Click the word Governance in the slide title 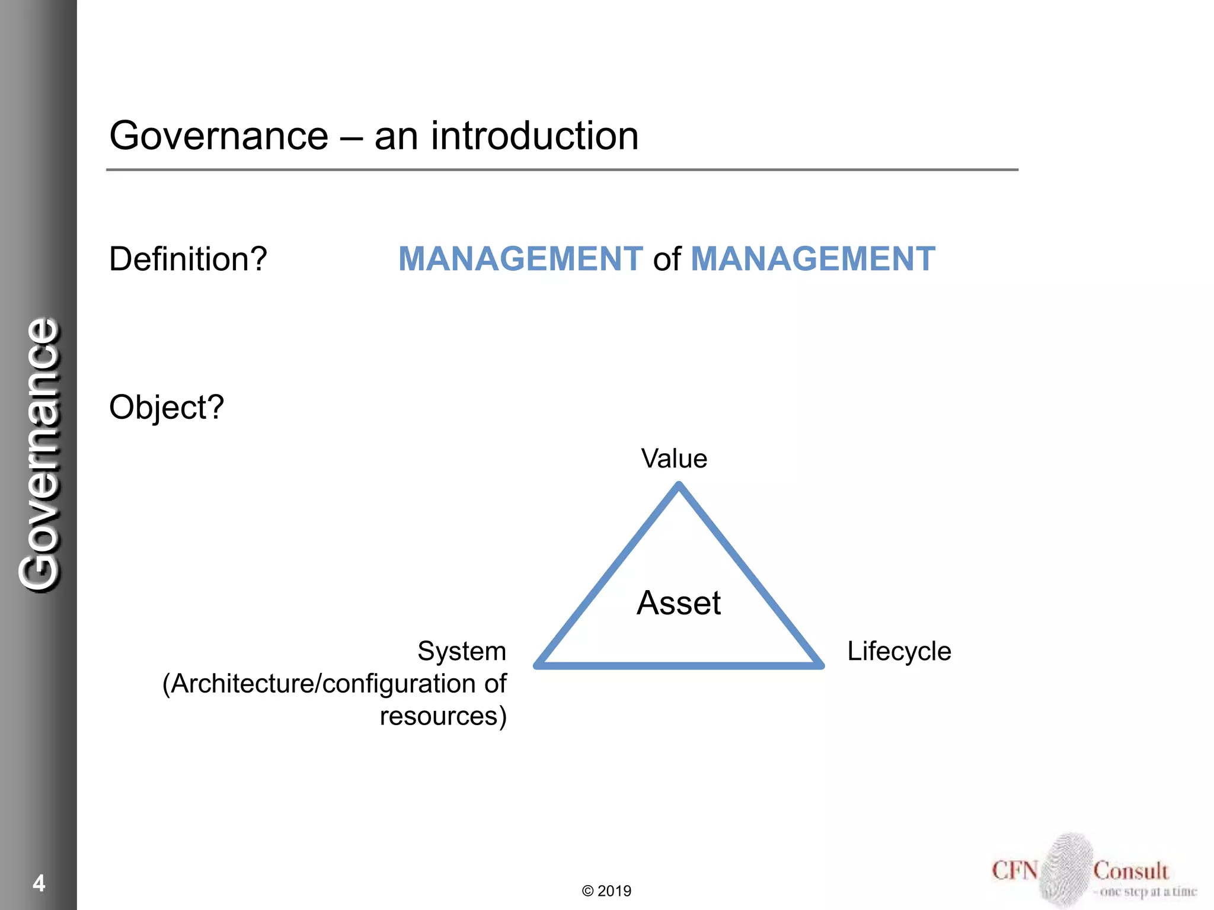pos(218,136)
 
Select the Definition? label pos(188,259)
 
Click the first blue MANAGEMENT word pos(520,259)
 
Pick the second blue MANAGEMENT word pos(813,259)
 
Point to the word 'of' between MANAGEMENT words pos(667,260)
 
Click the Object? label pos(167,408)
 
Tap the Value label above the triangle pos(674,459)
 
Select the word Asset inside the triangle pos(679,603)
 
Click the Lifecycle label pos(899,651)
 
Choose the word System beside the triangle pos(462,651)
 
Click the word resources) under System pos(443,716)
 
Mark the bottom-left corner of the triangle pos(537,665)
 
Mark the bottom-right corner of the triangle pos(821,665)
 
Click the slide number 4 pos(39,883)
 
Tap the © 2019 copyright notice pos(606,891)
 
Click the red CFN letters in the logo pos(1014,871)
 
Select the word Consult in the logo pos(1130,871)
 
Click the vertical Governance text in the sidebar pos(39,454)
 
